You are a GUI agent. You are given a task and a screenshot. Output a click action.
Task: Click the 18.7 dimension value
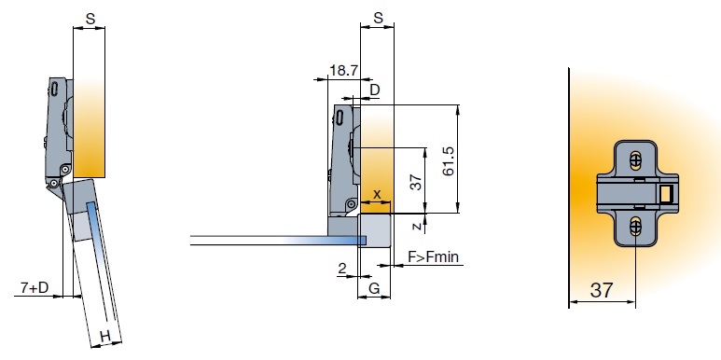[x=343, y=70]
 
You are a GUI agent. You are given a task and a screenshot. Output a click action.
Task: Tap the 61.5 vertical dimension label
[x=448, y=161]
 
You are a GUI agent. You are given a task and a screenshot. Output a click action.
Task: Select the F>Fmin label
[x=433, y=256]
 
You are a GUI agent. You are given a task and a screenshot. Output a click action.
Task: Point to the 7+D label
[x=35, y=288]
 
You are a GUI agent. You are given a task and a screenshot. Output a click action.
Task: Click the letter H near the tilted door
[x=105, y=337]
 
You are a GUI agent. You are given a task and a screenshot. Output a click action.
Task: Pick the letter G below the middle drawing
[x=375, y=289]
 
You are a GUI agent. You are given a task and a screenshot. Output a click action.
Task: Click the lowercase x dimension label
[x=377, y=194]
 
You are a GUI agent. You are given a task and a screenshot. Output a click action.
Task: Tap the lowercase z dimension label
[x=417, y=227]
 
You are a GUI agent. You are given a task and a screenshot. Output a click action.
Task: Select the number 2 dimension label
[x=342, y=269]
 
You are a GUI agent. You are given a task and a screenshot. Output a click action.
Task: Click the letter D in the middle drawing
[x=375, y=90]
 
